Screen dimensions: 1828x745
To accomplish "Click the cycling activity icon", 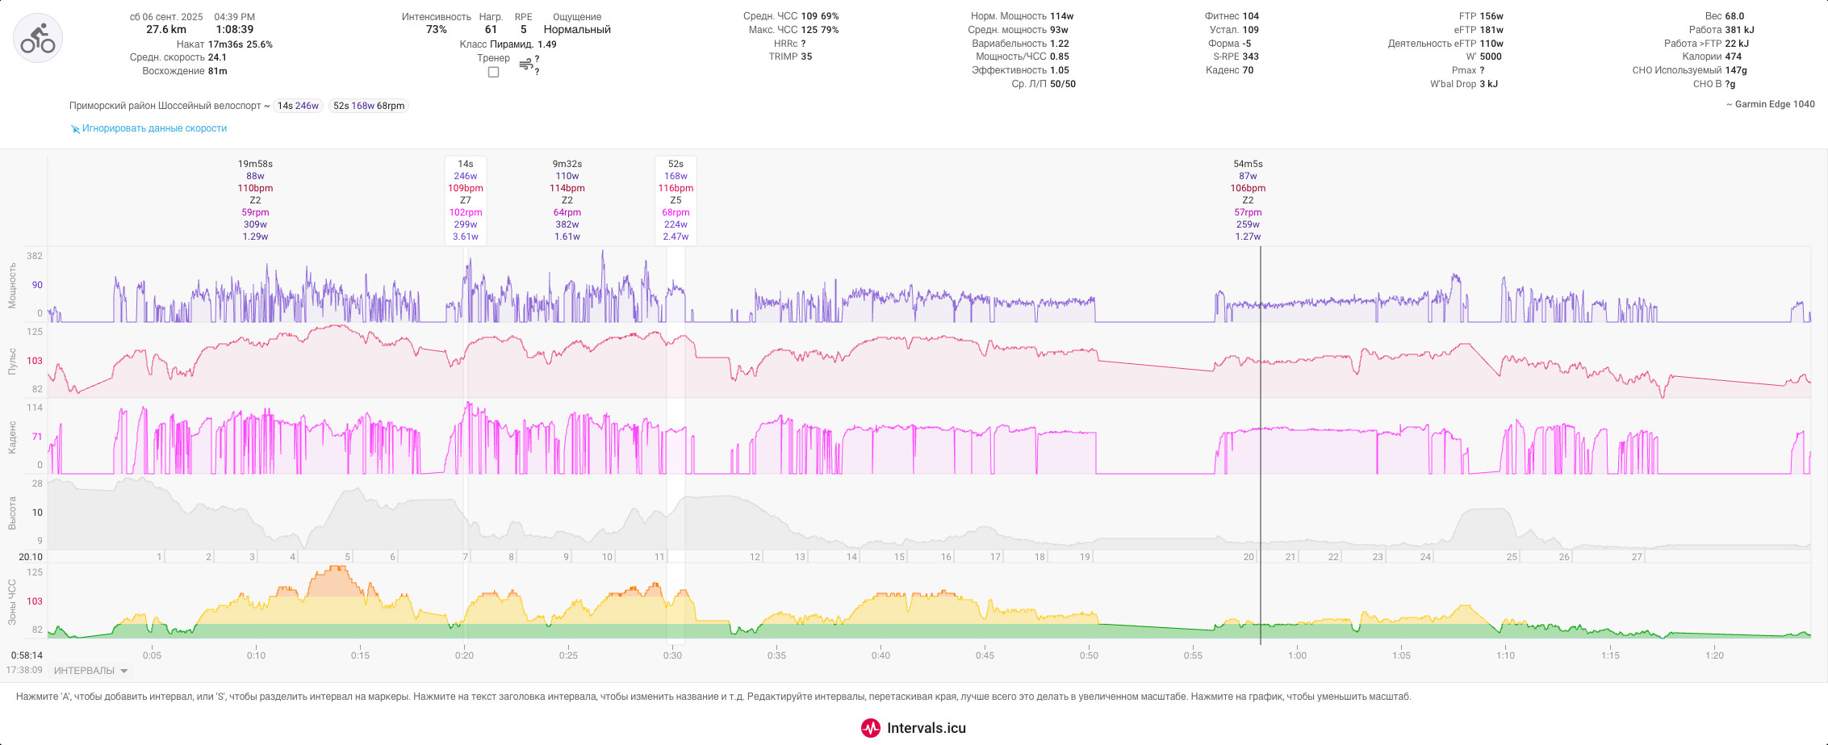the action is [x=38, y=38].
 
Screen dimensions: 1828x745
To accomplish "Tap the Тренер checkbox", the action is [x=494, y=73].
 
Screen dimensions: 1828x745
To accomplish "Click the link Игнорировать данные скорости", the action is [x=154, y=128].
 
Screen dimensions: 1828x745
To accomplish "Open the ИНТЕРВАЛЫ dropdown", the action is [x=90, y=671].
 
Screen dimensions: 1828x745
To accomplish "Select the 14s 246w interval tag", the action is [x=299, y=106].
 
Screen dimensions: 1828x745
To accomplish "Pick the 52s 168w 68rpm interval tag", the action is [x=369, y=106].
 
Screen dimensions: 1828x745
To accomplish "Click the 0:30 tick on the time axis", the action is [x=672, y=655].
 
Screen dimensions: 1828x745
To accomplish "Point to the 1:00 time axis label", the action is [x=1297, y=655].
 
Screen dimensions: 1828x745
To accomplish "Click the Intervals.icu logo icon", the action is [x=871, y=728].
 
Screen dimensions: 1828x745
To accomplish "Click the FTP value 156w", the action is [x=1491, y=16].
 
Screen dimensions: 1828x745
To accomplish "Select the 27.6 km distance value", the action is [x=166, y=30].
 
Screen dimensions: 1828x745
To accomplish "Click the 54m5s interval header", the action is [x=1248, y=164].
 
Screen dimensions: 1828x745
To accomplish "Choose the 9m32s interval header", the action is [x=567, y=164].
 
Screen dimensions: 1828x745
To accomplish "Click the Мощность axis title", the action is [x=12, y=285].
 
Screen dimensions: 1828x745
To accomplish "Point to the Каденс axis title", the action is [x=12, y=437].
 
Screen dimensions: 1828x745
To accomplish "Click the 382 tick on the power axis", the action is [x=35, y=256].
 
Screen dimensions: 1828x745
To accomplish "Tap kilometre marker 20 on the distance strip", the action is [x=1249, y=557].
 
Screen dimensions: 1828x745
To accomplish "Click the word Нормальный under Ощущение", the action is [x=577, y=30].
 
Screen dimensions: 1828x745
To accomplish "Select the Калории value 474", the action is [x=1734, y=57].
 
